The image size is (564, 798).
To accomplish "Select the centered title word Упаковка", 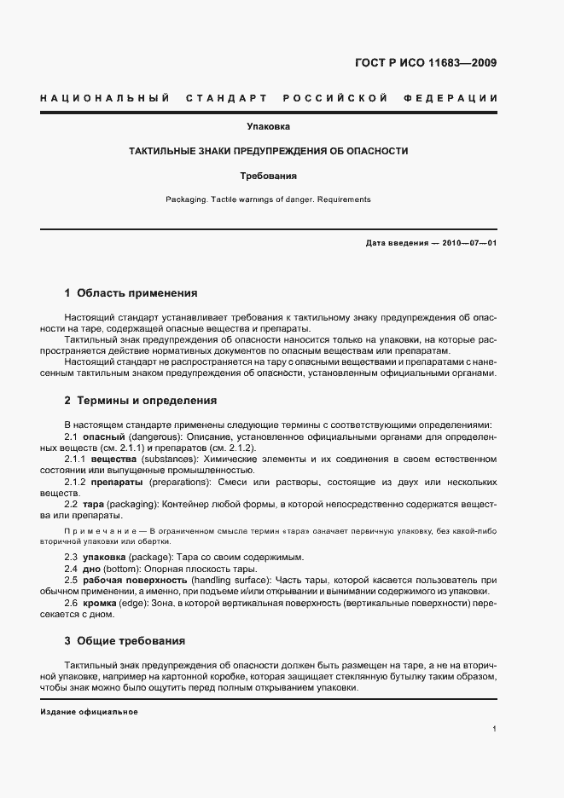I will [268, 127].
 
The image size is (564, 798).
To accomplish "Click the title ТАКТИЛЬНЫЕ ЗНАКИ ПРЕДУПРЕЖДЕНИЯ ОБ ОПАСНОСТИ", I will [268, 151].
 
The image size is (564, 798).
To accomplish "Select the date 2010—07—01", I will [468, 243].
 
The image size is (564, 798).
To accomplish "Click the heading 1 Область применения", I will [131, 293].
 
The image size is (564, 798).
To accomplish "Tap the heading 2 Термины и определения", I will [140, 400].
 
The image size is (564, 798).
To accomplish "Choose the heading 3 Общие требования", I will [125, 640].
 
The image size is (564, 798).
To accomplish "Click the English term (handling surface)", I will [220, 580].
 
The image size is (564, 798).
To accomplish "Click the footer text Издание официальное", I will [89, 711].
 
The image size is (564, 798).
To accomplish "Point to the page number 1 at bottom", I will [495, 728].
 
